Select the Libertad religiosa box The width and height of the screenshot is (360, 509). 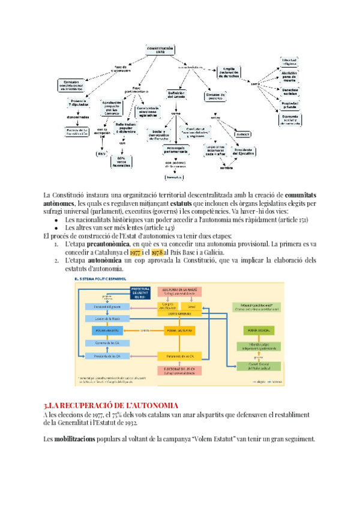point(290,62)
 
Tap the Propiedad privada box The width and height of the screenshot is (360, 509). point(290,106)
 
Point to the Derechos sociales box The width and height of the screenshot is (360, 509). point(290,91)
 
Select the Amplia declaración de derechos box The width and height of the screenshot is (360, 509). point(232,71)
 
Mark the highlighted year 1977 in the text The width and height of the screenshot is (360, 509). point(135,253)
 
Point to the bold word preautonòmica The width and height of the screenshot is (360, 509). point(106,245)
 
